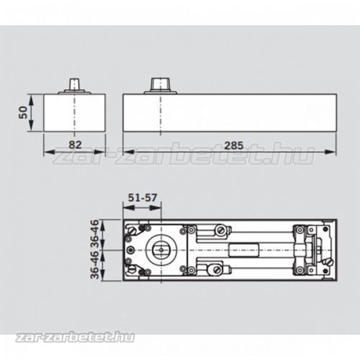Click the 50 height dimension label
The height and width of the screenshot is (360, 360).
click(x=23, y=112)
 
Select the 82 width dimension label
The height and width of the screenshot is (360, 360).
click(x=76, y=145)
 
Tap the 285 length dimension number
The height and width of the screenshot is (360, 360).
click(x=234, y=145)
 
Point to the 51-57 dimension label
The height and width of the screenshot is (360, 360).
click(x=143, y=197)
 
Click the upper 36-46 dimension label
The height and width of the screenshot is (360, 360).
click(x=95, y=234)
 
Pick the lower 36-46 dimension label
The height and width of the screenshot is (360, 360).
click(x=95, y=265)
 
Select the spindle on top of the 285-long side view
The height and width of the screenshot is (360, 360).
click(x=160, y=84)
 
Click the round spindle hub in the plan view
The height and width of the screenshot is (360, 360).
click(x=161, y=250)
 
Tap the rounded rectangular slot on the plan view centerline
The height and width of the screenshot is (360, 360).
click(x=243, y=250)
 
